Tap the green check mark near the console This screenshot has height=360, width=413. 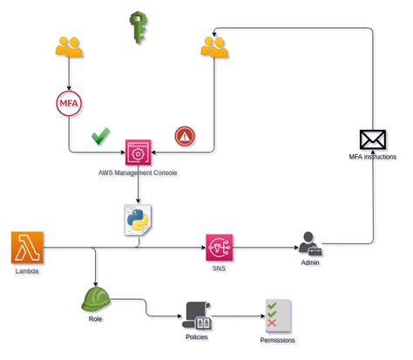click(101, 136)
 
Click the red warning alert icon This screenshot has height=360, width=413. click(184, 136)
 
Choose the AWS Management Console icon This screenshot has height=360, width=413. click(138, 153)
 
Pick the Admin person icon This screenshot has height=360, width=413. click(310, 244)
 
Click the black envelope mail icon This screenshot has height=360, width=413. click(372, 139)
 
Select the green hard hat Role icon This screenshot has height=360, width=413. click(95, 299)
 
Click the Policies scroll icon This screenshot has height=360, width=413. click(197, 316)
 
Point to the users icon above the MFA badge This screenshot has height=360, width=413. click(69, 47)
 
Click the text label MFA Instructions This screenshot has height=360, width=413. click(372, 157)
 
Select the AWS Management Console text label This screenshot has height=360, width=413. click(138, 173)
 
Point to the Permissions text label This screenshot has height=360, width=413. click(277, 340)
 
